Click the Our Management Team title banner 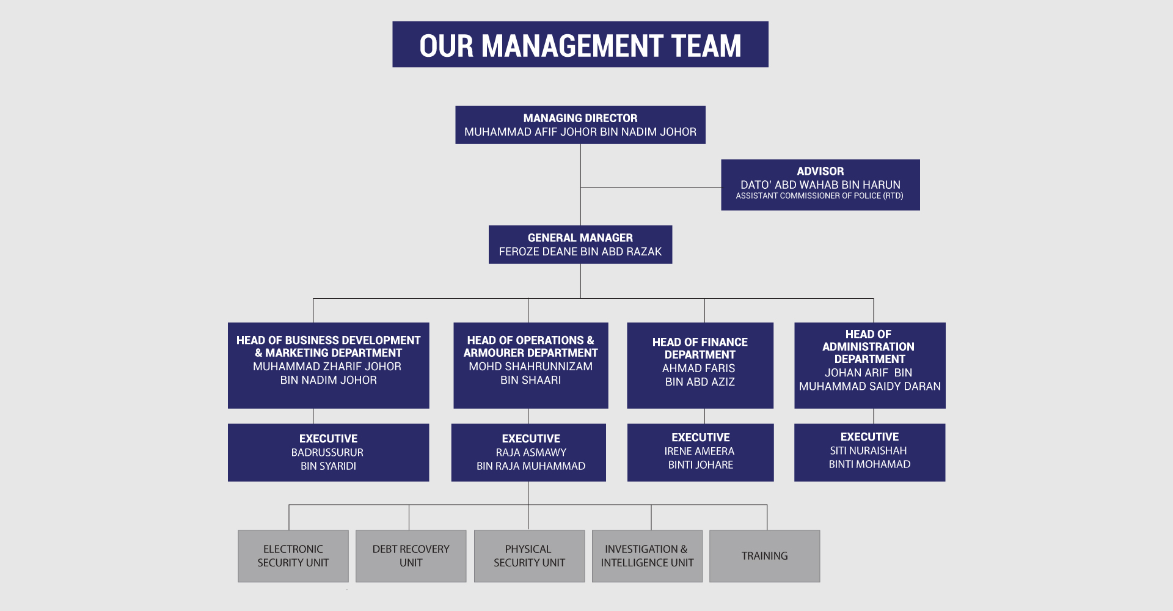(580, 45)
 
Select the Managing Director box (580, 125)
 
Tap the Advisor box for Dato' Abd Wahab (820, 185)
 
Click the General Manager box (580, 244)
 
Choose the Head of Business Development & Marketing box (329, 365)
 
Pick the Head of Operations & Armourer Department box (531, 365)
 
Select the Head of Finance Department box (700, 365)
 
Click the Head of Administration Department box (870, 365)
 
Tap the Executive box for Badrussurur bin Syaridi (329, 453)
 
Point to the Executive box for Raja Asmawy (528, 453)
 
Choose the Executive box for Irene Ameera (701, 453)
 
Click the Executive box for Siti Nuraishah (870, 453)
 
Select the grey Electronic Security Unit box (293, 556)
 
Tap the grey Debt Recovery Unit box (411, 556)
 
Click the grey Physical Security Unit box (529, 556)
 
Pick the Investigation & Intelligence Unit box (647, 556)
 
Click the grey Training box (765, 556)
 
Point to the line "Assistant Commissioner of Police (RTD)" (819, 196)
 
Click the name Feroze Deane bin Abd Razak (580, 252)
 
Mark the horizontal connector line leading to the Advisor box (651, 188)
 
